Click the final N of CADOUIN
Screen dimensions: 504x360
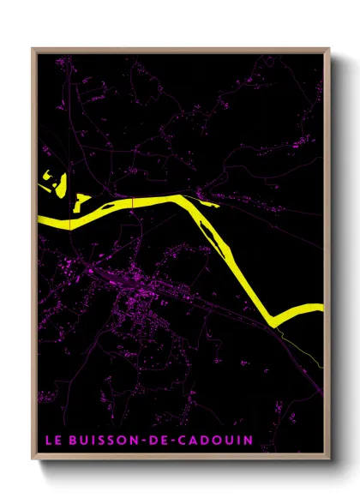click(x=247, y=441)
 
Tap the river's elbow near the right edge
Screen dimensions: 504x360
click(x=276, y=319)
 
